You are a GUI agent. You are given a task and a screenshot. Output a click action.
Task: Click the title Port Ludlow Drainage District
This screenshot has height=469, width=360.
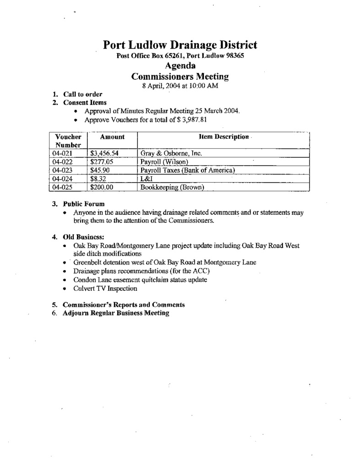point(180,45)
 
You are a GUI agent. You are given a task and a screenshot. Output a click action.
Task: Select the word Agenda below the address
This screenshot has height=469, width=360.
point(180,66)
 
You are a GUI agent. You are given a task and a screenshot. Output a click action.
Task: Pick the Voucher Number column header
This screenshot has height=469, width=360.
point(68,141)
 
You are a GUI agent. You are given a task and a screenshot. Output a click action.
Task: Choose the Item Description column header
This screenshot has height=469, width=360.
point(224,137)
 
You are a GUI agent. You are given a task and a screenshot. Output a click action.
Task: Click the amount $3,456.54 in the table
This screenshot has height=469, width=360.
point(105,153)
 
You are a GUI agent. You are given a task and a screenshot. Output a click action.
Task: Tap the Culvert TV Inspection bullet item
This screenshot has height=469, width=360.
point(105,289)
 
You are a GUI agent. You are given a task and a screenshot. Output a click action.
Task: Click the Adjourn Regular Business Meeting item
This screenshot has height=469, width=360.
point(116,313)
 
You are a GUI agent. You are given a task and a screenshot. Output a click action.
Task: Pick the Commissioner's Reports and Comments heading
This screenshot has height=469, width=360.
point(124,305)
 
